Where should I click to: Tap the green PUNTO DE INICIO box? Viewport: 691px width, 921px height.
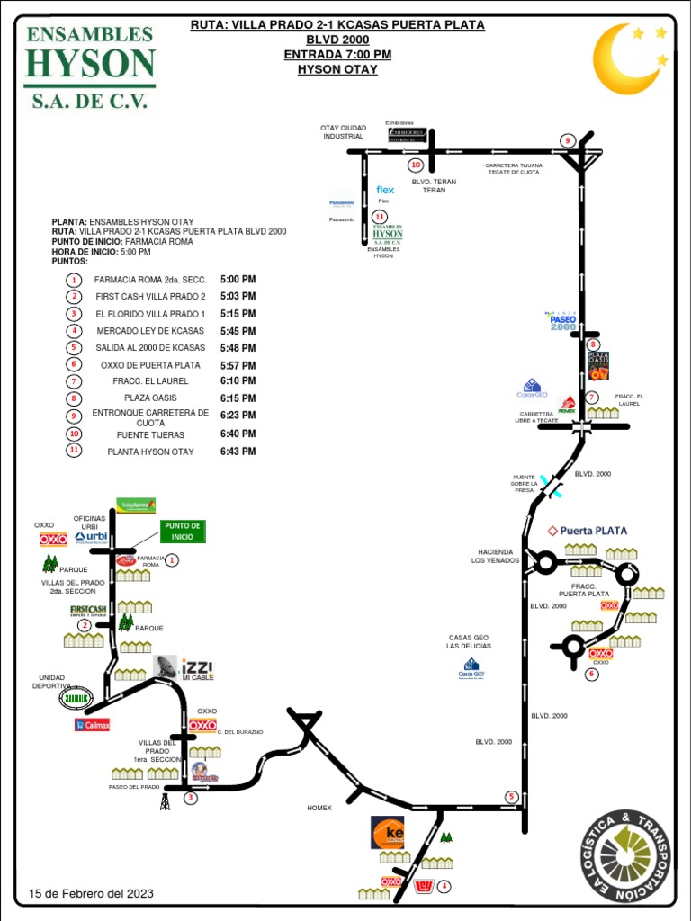point(183,531)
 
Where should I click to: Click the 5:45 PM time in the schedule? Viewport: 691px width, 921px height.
point(238,331)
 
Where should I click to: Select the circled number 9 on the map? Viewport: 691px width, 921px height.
point(567,140)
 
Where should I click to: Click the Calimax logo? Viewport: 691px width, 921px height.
point(92,725)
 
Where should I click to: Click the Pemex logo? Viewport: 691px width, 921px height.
point(567,405)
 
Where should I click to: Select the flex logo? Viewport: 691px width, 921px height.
point(385,190)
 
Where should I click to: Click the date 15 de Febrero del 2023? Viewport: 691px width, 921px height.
point(91,893)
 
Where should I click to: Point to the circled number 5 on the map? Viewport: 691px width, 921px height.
point(511,797)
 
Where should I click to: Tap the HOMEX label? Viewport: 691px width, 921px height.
point(319,808)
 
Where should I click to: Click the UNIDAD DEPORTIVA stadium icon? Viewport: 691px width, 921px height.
point(76,697)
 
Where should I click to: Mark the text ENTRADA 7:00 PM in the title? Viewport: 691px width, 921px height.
point(337,55)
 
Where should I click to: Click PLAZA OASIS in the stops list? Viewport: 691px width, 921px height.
point(150,398)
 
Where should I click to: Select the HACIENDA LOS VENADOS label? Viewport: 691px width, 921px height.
point(495,556)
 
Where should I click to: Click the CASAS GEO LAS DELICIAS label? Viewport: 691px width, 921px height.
point(470,641)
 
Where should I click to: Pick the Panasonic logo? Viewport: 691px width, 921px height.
point(342,203)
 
